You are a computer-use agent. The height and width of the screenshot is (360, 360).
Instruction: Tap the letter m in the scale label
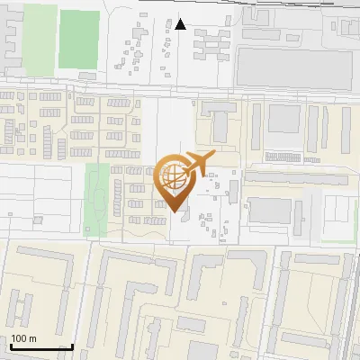tap(33, 338)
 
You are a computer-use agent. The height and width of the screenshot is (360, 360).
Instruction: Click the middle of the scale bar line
tap(40, 347)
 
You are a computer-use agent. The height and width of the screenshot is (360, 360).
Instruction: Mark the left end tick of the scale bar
tap(9, 346)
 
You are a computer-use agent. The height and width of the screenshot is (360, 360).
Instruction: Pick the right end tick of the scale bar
tap(72, 346)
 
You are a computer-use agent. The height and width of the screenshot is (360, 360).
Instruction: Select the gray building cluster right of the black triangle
tap(212, 42)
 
